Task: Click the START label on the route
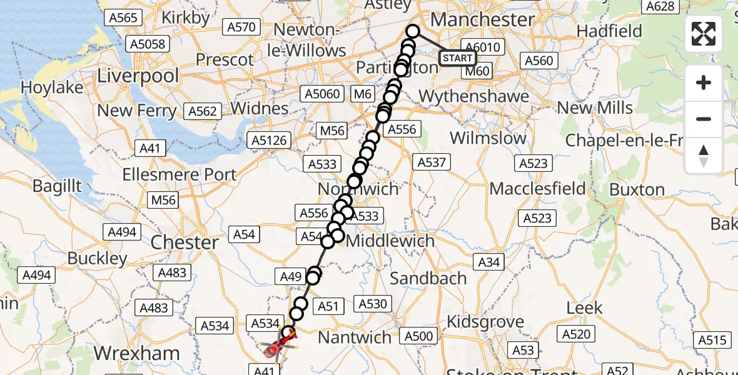[x=457, y=58]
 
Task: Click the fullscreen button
[x=704, y=34]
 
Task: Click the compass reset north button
[x=704, y=156]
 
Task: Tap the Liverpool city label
[x=138, y=77]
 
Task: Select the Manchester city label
[x=482, y=19]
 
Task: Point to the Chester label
[x=186, y=242]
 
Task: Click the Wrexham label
[x=137, y=353]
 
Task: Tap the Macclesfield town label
[x=538, y=188]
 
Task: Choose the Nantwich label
[x=355, y=337]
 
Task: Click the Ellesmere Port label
[x=179, y=174]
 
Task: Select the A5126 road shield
[x=269, y=139]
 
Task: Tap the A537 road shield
[x=432, y=162]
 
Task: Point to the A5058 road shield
[x=148, y=44]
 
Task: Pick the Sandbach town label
[x=428, y=278]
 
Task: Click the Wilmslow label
[x=488, y=137]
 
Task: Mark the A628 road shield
[x=660, y=6]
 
